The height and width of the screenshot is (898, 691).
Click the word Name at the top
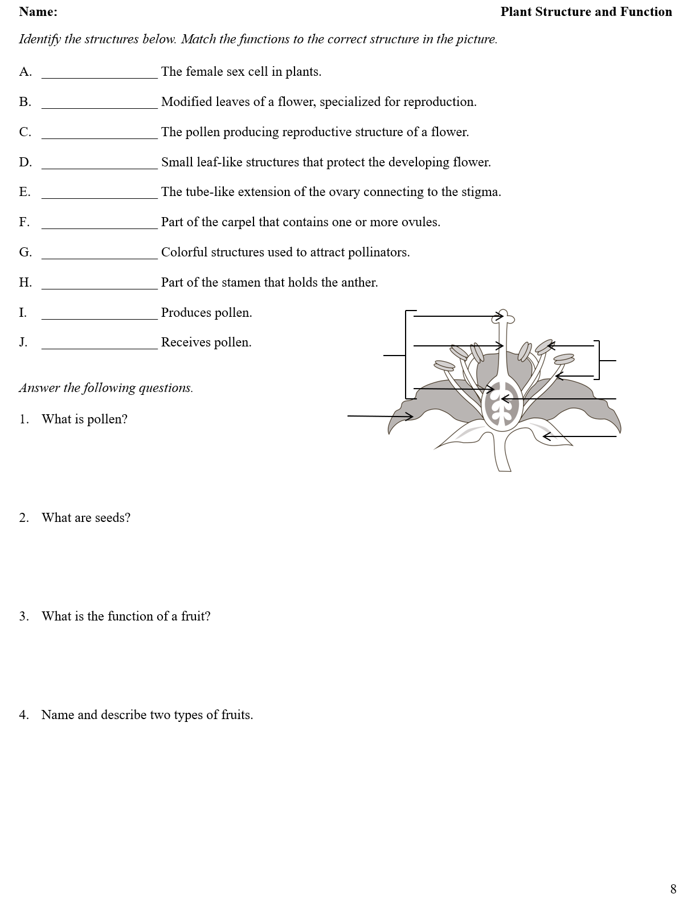point(38,12)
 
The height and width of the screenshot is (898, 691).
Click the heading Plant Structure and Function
point(586,12)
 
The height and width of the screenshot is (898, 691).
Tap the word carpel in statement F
point(238,222)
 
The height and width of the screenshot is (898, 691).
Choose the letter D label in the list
point(25,162)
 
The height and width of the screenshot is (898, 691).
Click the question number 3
point(24,617)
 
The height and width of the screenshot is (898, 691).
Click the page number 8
point(673,889)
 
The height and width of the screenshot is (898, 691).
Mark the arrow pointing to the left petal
point(380,417)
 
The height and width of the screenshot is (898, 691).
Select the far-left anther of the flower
point(444,365)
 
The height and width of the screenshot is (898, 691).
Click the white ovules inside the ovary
point(502,405)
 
